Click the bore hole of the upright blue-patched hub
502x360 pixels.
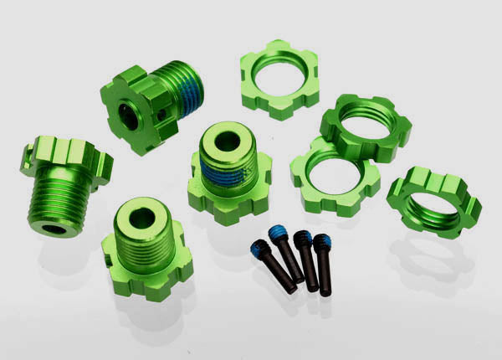coord(227,141)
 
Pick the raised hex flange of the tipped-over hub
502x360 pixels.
coord(68,162)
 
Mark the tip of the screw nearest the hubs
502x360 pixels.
coord(290,289)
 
